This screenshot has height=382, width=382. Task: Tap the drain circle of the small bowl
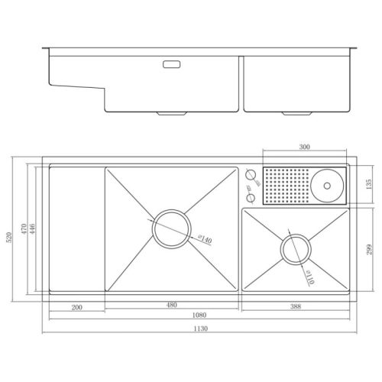pyautogui.click(x=296, y=249)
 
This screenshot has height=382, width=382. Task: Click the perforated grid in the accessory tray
pyautogui.click(x=286, y=185)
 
